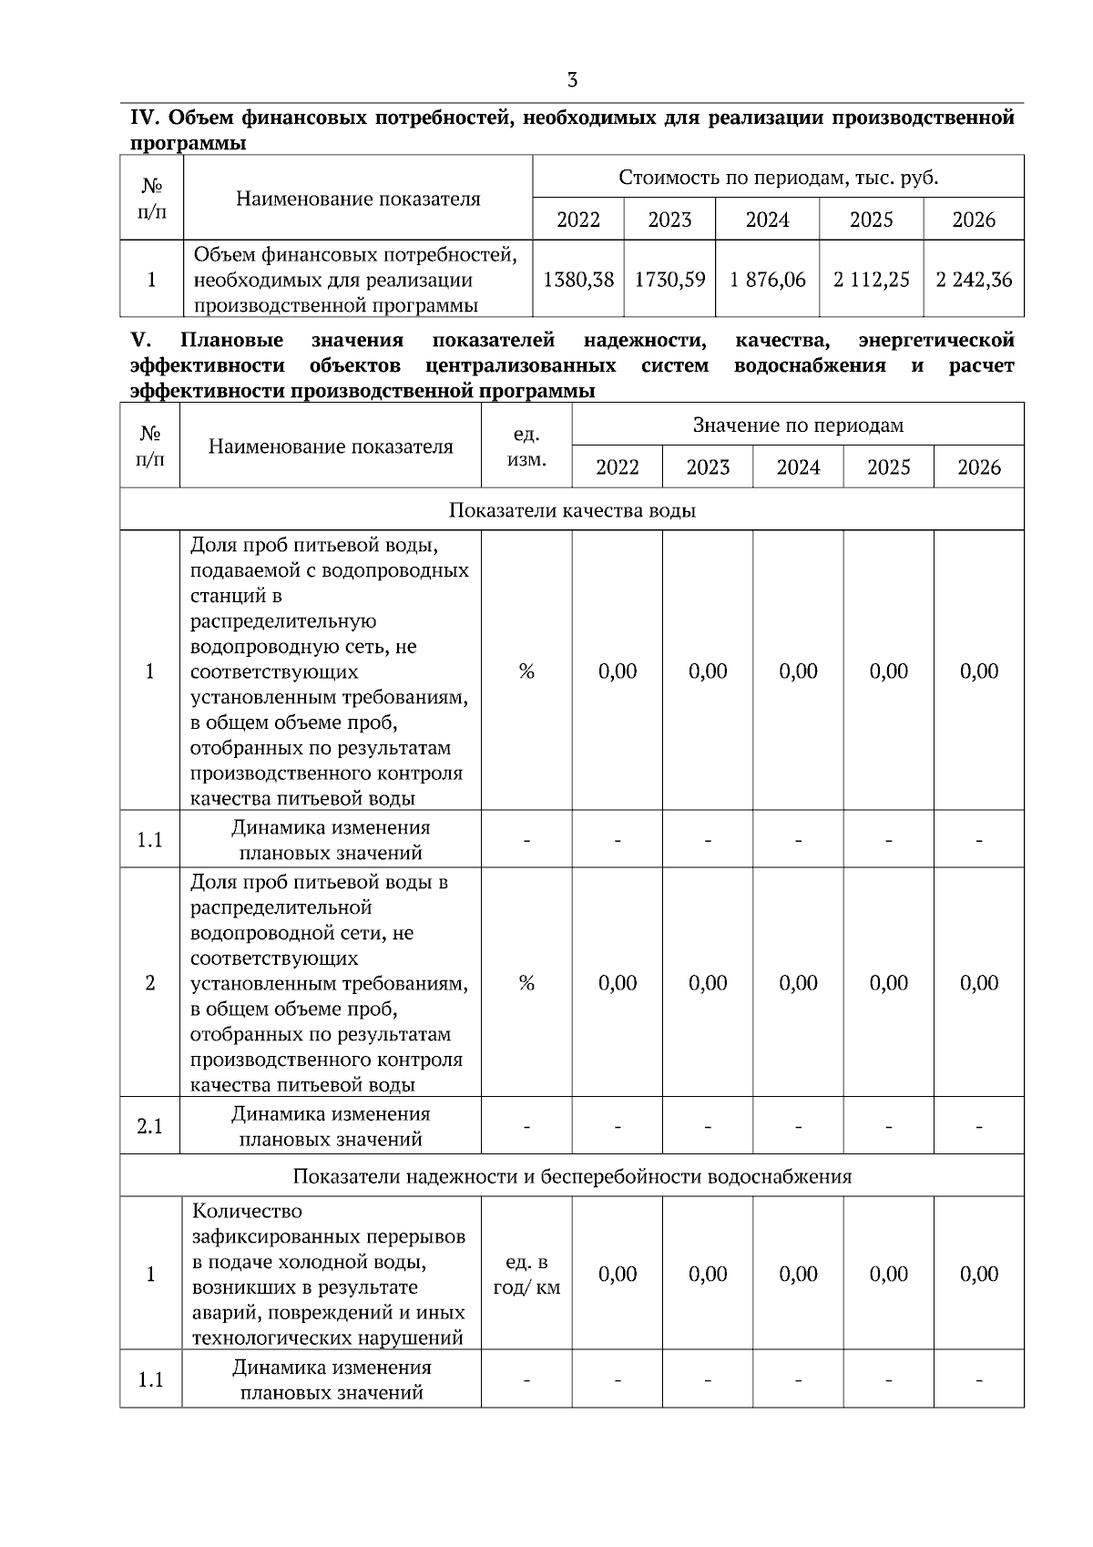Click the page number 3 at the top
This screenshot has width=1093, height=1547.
(x=572, y=80)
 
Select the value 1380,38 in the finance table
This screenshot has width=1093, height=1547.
(x=578, y=280)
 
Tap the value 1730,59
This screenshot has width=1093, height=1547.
(x=669, y=280)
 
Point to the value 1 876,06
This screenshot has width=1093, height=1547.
(x=767, y=280)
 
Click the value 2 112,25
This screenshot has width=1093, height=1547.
(x=871, y=280)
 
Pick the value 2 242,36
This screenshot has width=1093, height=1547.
(x=974, y=280)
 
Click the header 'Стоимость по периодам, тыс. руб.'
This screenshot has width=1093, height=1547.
(x=778, y=177)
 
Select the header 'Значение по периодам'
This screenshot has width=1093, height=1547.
(x=798, y=425)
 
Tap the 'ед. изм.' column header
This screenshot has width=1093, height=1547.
(x=526, y=446)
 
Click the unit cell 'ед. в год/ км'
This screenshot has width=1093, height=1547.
(x=526, y=1275)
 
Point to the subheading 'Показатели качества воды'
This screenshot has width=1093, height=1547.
(x=572, y=510)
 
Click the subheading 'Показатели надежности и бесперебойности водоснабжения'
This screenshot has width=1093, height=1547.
(x=572, y=1176)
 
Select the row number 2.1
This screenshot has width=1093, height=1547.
(x=150, y=1127)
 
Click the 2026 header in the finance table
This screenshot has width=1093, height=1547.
(x=974, y=220)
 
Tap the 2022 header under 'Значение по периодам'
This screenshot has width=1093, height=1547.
(x=617, y=467)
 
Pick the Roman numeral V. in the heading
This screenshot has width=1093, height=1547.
(x=140, y=341)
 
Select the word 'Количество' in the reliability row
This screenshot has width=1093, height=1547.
(x=247, y=1212)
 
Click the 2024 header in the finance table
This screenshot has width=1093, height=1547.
(x=767, y=220)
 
